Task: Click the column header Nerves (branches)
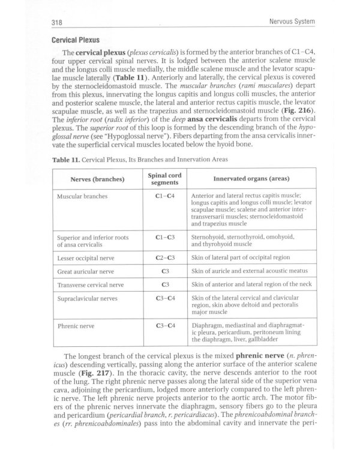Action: coord(97,179)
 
